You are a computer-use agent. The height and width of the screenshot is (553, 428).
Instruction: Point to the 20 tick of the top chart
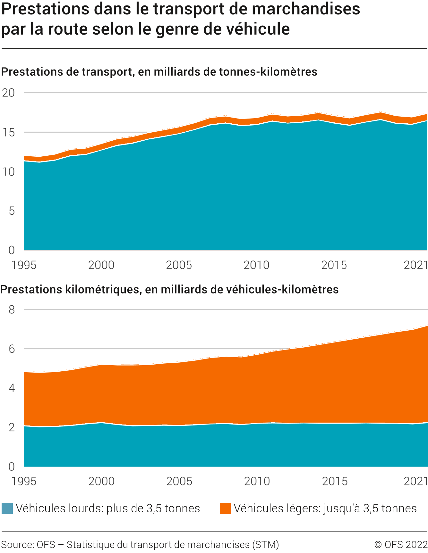pos(9,93)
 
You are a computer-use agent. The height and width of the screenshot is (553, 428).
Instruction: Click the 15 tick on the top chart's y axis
pos(9,132)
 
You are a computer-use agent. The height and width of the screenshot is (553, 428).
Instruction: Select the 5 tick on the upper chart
pos(12,211)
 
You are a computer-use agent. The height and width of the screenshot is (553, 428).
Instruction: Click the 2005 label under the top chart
pos(179,265)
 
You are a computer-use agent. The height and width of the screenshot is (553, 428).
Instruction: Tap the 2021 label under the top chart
pos(416,265)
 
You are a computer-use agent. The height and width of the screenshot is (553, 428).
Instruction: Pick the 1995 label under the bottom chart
pos(24,482)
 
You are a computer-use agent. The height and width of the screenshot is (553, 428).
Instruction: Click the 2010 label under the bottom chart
pos(257,482)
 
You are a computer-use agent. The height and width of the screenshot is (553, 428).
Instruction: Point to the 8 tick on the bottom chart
pos(12,310)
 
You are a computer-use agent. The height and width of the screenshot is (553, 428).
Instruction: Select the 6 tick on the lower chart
pos(12,349)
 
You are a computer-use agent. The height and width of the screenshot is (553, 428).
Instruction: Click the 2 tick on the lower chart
pos(12,427)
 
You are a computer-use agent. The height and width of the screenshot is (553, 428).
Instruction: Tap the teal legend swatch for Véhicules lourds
pos(7,508)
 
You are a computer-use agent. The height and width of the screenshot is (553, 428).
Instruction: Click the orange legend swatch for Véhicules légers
pos(225,508)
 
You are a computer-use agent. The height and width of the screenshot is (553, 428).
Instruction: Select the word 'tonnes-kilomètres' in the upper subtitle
pos(268,72)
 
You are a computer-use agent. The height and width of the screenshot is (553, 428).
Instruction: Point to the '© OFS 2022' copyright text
pos(401,545)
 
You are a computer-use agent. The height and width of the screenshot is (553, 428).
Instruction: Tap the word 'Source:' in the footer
pos(18,545)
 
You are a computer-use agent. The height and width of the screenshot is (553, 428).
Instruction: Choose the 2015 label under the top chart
pos(334,265)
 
